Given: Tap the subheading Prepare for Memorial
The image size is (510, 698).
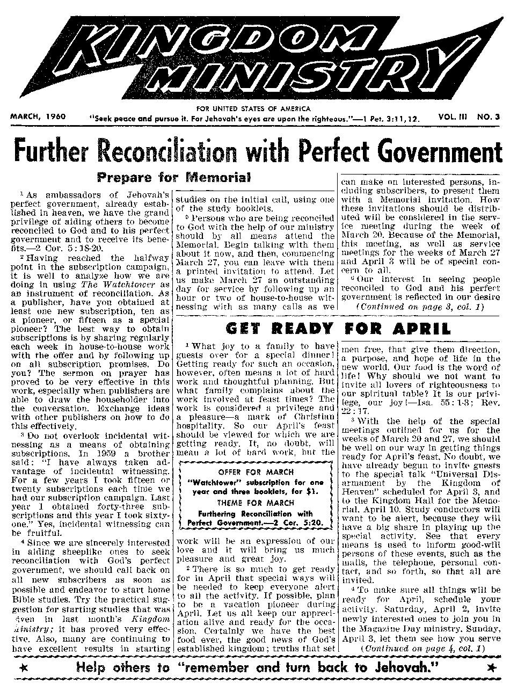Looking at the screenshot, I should (173, 177).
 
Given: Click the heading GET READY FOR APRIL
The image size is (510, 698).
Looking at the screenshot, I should (338, 328).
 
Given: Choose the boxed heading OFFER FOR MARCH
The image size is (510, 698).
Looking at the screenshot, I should (256, 472).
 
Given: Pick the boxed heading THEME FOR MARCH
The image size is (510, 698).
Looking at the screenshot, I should (256, 503).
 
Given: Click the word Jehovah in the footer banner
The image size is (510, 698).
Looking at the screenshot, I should (398, 667).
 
